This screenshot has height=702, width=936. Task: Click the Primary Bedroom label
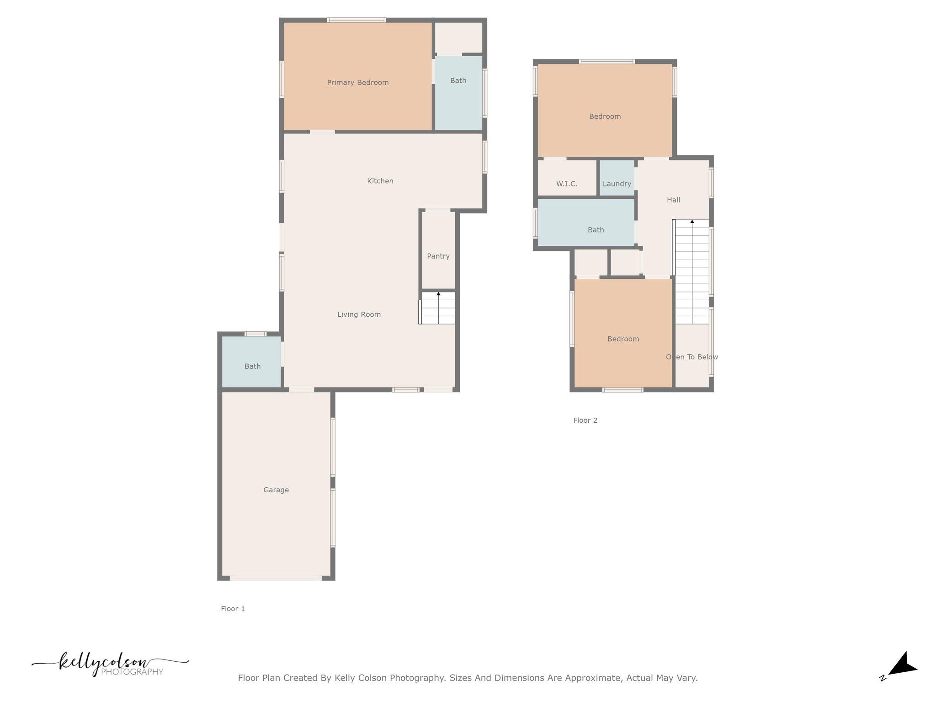click(358, 83)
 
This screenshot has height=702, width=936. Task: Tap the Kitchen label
click(380, 181)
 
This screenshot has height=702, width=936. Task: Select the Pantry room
click(438, 256)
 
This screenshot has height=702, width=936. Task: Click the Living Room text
click(359, 314)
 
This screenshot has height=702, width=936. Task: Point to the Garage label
click(276, 490)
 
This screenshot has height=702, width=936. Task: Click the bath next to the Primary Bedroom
click(458, 81)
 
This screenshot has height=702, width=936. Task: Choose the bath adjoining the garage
click(252, 366)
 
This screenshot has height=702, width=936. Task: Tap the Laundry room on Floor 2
click(617, 184)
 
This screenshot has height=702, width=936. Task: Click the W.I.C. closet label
click(567, 184)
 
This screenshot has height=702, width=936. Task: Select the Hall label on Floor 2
click(673, 200)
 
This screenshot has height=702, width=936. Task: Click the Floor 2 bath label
click(596, 230)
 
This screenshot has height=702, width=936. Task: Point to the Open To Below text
click(692, 357)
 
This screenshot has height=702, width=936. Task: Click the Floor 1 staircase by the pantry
click(438, 308)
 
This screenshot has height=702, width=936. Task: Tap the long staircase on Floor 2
click(692, 272)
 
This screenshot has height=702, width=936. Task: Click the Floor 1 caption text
click(233, 609)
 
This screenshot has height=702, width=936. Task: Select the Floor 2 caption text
click(585, 420)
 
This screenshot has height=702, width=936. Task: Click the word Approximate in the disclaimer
click(593, 678)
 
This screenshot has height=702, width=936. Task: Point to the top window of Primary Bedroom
click(356, 20)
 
